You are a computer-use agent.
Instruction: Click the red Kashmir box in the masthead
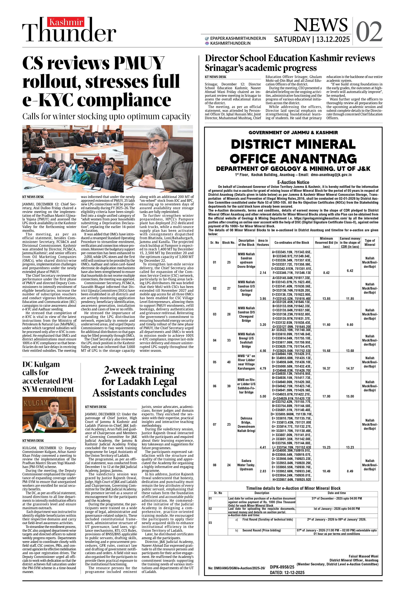[x=66, y=22]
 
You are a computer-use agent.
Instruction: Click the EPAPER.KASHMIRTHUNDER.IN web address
[x=238, y=38]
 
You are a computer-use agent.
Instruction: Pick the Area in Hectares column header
[x=263, y=242]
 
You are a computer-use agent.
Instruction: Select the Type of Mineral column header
[x=369, y=242]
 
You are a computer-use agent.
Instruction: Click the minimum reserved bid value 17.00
[x=326, y=396]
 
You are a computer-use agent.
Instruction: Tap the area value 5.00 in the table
[x=263, y=396]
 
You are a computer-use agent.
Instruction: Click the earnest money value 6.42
[x=350, y=270]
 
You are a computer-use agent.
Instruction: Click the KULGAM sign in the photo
[x=36, y=403]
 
